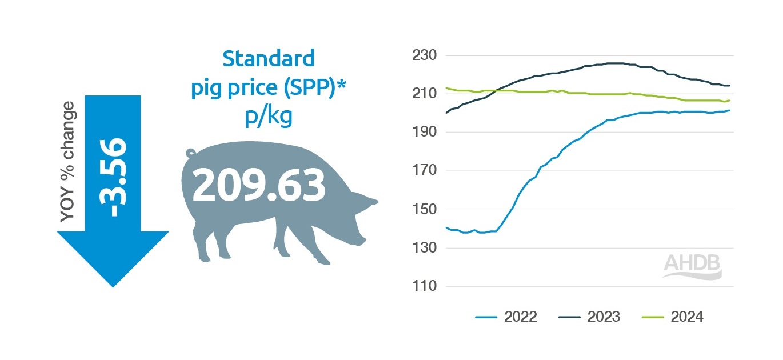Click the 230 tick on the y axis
(424, 55)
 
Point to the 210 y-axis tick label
(424, 93)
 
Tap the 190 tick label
(424, 132)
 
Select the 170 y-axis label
(424, 170)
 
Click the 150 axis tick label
(424, 209)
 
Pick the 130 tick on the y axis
(424, 248)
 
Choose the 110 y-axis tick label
(424, 286)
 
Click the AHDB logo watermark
(692, 266)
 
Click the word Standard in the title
(268, 58)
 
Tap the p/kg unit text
(268, 116)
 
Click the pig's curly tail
(190, 153)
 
